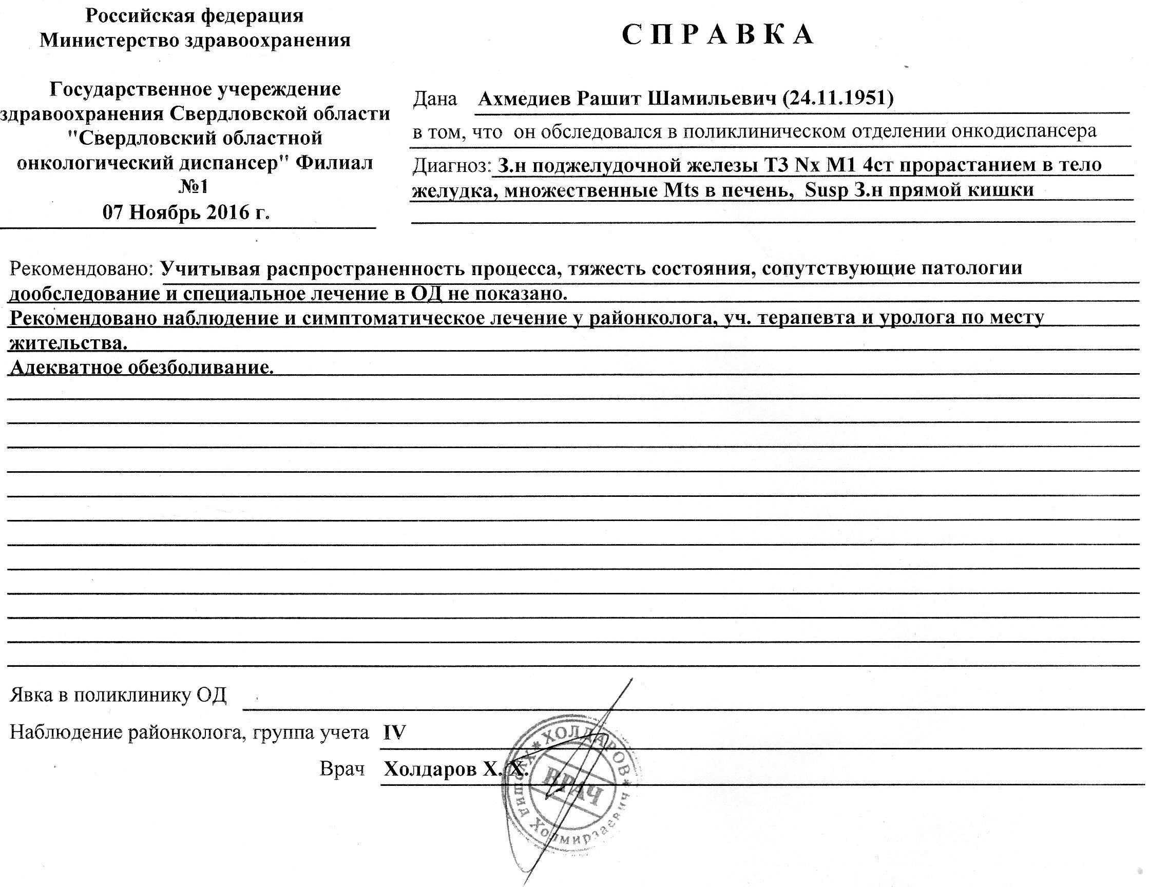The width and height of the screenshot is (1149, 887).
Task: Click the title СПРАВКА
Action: pyautogui.click(x=718, y=35)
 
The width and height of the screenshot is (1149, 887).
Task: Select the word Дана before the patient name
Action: pyautogui.click(x=435, y=99)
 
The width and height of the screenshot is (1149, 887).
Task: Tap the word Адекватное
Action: pyautogui.click(x=66, y=367)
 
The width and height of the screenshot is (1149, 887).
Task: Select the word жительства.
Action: pyautogui.click(x=68, y=342)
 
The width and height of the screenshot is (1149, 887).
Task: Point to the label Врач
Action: pyautogui.click(x=342, y=769)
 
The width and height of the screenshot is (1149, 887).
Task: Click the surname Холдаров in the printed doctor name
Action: pyautogui.click(x=430, y=769)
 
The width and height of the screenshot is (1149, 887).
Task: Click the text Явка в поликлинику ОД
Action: pyautogui.click(x=118, y=696)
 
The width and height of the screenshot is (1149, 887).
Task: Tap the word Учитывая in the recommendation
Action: pyautogui.click(x=210, y=268)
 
